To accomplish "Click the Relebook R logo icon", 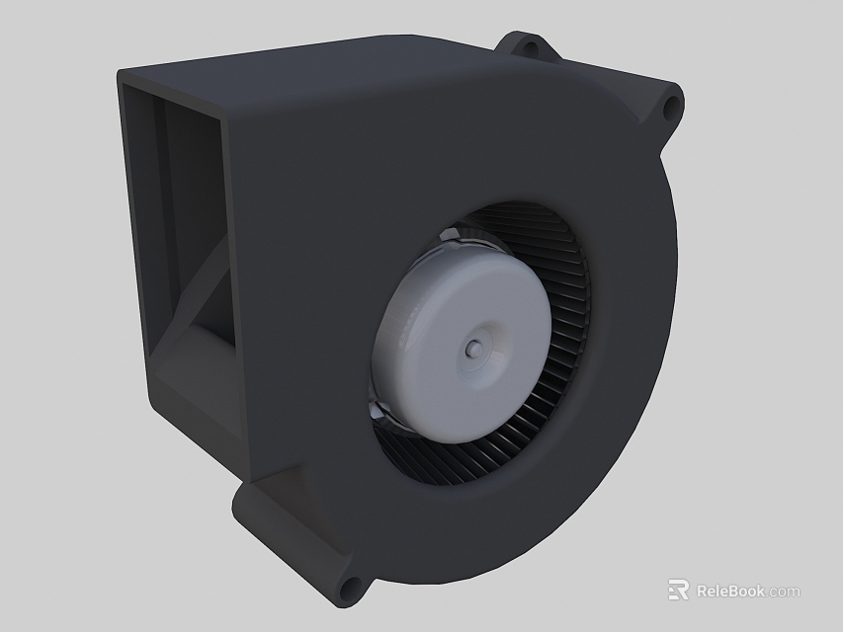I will (x=678, y=591).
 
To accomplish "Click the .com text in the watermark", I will (x=784, y=592).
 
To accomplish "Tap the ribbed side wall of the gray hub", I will (x=390, y=336).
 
